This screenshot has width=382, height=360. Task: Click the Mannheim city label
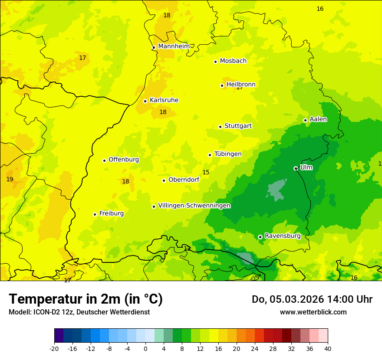pyautogui.click(x=174, y=46)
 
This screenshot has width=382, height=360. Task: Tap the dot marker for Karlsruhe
pyautogui.click(x=145, y=101)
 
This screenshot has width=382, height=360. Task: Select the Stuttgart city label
pyautogui.click(x=238, y=126)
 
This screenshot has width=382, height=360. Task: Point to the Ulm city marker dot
pyautogui.click(x=296, y=168)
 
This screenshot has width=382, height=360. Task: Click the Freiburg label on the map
pyautogui.click(x=111, y=213)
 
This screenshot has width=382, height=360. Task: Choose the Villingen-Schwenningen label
pyautogui.click(x=194, y=206)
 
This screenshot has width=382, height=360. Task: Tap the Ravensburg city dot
pyautogui.click(x=260, y=237)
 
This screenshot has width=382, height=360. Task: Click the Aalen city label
pyautogui.click(x=318, y=119)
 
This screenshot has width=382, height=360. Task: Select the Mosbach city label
pyautogui.click(x=233, y=61)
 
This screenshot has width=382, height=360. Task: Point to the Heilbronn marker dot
pyautogui.click(x=222, y=85)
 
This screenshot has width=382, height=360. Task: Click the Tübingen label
pyautogui.click(x=228, y=154)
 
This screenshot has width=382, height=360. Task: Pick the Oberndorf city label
pyautogui.click(x=184, y=180)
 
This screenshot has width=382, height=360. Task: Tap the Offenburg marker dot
pyautogui.click(x=104, y=160)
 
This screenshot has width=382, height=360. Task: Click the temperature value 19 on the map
pyautogui.click(x=10, y=179)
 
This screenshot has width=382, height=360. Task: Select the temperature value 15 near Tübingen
pyautogui.click(x=206, y=172)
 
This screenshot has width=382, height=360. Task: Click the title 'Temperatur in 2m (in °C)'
pyautogui.click(x=86, y=299)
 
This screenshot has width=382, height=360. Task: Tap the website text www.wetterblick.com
pyautogui.click(x=313, y=312)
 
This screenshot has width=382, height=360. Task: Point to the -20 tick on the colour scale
pyautogui.click(x=54, y=348)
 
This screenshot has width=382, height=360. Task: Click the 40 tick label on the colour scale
pyautogui.click(x=327, y=348)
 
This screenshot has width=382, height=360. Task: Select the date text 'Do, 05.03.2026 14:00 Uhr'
pyautogui.click(x=312, y=299)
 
